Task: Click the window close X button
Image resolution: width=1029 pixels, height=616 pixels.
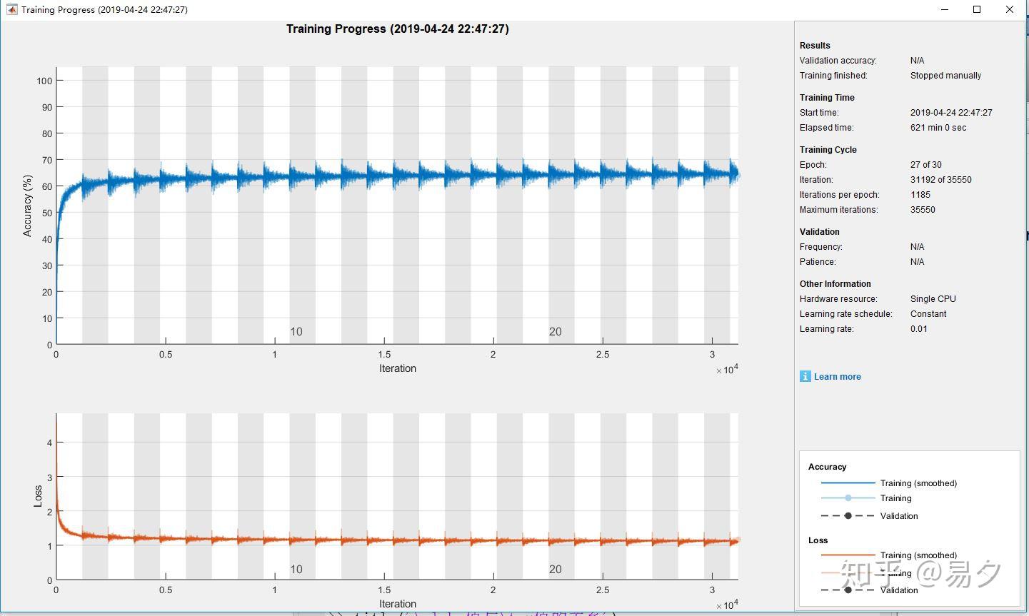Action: coord(1010,9)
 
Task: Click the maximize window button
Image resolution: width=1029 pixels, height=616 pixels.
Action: coord(977,9)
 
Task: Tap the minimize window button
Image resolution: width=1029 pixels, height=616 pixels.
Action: coord(945,9)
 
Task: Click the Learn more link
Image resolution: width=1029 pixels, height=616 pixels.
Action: coord(837,377)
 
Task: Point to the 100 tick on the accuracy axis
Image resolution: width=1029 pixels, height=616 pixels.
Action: coord(44,81)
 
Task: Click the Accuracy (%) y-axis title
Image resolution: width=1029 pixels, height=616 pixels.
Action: coord(28,206)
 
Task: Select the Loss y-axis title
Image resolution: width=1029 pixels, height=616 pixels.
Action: coord(38,496)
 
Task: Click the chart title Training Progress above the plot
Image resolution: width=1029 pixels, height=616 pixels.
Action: coord(397,29)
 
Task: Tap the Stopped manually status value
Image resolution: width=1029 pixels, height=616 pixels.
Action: coord(945,76)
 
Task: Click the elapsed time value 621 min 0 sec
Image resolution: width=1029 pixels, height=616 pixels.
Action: coord(938,128)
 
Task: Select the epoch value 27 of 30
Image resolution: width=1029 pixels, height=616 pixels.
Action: coord(925,165)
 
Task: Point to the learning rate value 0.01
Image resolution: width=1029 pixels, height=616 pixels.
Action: coord(918,329)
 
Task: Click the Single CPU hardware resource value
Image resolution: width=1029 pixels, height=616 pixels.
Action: coord(933,299)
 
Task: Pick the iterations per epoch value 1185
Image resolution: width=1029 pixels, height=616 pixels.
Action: coord(920,195)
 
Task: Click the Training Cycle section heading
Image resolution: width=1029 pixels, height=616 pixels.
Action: coord(828,150)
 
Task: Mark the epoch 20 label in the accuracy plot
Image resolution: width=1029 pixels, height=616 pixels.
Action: coord(555,332)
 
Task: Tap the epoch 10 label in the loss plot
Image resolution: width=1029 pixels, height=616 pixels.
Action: coord(296,570)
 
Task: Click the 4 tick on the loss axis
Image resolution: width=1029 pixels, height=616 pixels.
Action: coord(49,443)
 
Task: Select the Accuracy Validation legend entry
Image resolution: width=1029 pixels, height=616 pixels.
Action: coord(898,516)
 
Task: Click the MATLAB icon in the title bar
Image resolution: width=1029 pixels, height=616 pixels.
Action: coord(11,10)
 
